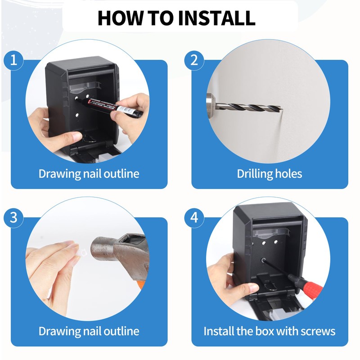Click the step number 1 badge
pyautogui.click(x=13, y=60)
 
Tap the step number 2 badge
pyautogui.click(x=194, y=60)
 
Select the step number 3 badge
pyautogui.click(x=13, y=218)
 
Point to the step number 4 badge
pyautogui.click(x=194, y=218)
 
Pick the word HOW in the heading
pyautogui.click(x=117, y=18)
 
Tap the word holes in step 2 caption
pyautogui.click(x=289, y=174)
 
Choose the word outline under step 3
pyautogui.click(x=121, y=332)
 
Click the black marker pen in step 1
pyautogui.click(x=118, y=107)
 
